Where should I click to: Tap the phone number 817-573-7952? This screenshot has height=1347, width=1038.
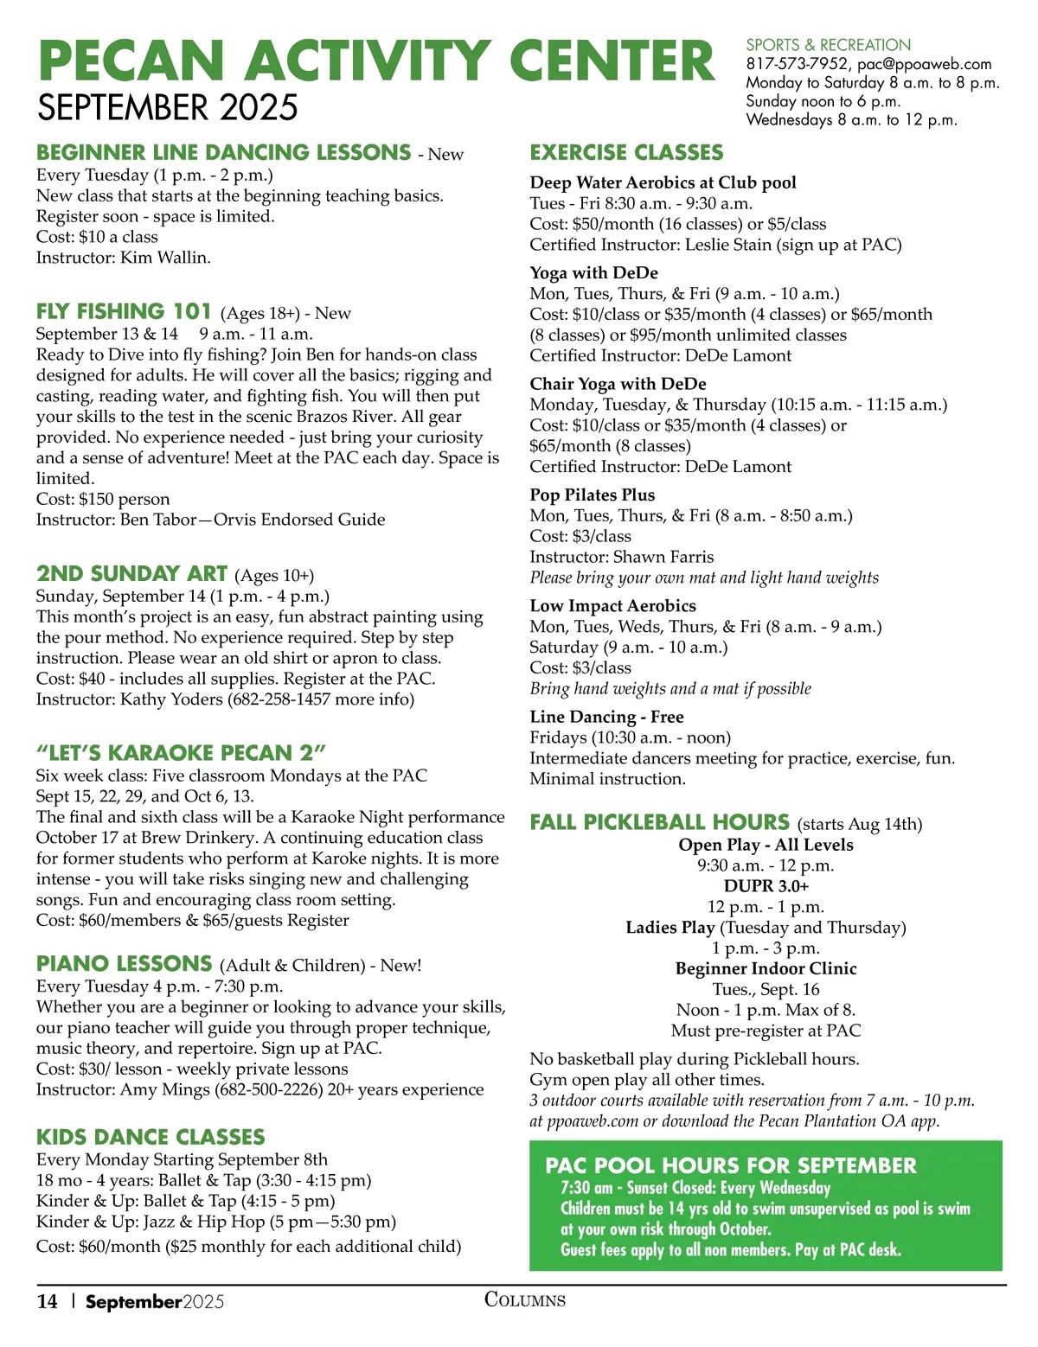(x=797, y=64)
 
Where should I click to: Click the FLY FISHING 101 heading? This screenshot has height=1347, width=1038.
(x=124, y=311)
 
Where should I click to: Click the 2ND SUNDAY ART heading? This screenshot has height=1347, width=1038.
(x=131, y=574)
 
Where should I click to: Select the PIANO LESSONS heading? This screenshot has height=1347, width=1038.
(x=124, y=964)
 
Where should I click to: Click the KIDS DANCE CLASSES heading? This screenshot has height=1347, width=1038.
(x=151, y=1137)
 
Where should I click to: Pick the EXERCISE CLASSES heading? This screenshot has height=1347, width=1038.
(x=626, y=153)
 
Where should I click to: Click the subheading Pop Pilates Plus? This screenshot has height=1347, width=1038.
(x=593, y=495)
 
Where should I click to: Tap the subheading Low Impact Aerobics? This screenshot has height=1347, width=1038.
(x=612, y=606)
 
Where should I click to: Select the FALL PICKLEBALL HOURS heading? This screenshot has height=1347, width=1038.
(x=659, y=822)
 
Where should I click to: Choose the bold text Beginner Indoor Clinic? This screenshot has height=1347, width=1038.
(x=766, y=969)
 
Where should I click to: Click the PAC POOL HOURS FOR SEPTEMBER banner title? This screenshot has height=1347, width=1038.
(x=730, y=1165)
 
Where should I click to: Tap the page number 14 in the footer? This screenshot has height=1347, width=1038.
(x=47, y=1302)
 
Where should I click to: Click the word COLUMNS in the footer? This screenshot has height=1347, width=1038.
(x=524, y=1300)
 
